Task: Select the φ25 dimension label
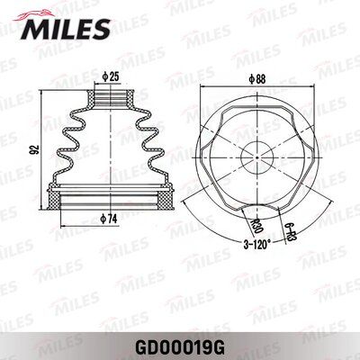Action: click(112, 76)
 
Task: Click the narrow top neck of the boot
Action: click(109, 94)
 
